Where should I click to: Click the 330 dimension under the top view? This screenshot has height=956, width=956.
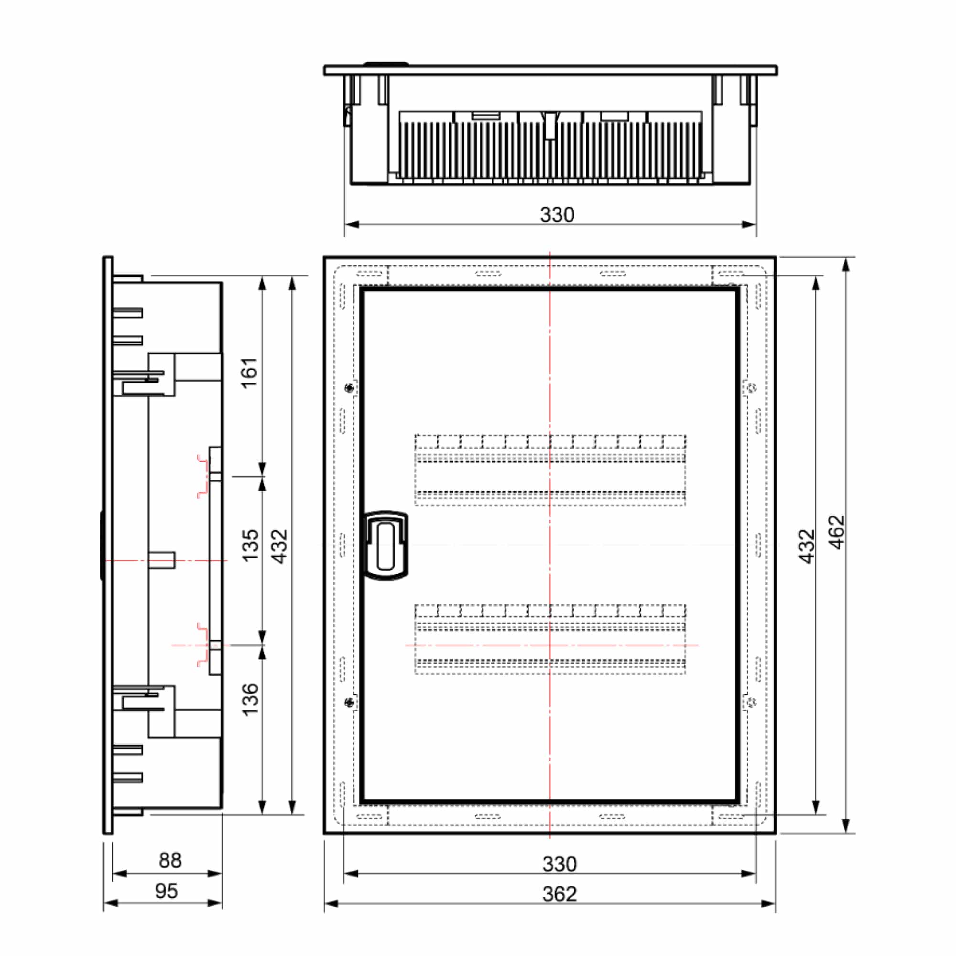pos(557,215)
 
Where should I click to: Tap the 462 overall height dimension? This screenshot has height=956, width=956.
pos(837,532)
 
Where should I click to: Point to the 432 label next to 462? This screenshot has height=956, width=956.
pos(806,546)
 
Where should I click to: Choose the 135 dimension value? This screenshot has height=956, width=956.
pos(250,545)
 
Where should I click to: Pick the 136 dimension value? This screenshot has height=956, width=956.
pos(250,699)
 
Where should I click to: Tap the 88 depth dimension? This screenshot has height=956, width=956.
pos(170,860)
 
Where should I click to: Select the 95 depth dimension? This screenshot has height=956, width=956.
pos(166,891)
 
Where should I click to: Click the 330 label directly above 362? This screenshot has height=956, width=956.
pos(560,864)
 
